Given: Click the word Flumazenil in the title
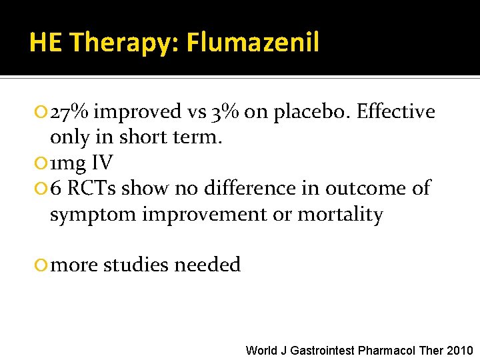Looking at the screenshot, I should (253, 43).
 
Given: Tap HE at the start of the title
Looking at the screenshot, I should (46, 43).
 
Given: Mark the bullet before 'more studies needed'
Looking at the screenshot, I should (43, 265).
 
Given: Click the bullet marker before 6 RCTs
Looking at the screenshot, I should (43, 189).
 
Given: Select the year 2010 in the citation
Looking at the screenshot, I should (460, 350).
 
